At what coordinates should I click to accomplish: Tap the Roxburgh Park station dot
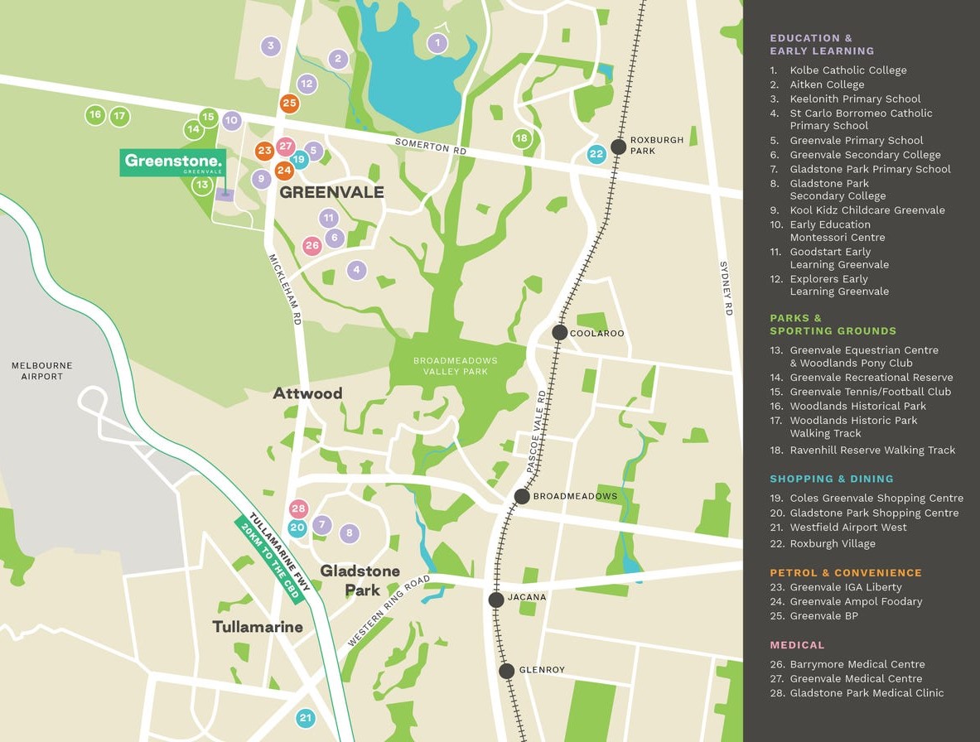pyautogui.click(x=618, y=147)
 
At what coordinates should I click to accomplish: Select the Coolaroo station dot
pyautogui.click(x=560, y=332)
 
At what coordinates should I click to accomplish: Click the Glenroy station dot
pyautogui.click(x=507, y=670)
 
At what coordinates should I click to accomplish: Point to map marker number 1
pyautogui.click(x=437, y=43)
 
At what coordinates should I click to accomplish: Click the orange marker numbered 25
pyautogui.click(x=289, y=104)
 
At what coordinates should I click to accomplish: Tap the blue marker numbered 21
pyautogui.click(x=306, y=717)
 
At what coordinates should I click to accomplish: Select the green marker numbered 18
pyautogui.click(x=521, y=138)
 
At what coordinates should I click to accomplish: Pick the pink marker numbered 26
pyautogui.click(x=311, y=245)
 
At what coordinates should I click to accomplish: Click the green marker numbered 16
pyautogui.click(x=95, y=115)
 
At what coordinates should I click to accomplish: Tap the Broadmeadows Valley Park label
pyautogui.click(x=456, y=366)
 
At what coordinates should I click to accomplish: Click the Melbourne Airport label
pyautogui.click(x=42, y=371)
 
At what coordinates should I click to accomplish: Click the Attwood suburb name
pyautogui.click(x=307, y=393)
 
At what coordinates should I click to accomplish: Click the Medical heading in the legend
pyautogui.click(x=797, y=644)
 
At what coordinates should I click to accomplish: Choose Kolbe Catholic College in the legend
pyautogui.click(x=847, y=70)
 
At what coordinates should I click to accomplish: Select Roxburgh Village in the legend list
pyautogui.click(x=832, y=543)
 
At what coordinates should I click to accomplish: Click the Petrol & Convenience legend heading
pyautogui.click(x=845, y=572)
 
